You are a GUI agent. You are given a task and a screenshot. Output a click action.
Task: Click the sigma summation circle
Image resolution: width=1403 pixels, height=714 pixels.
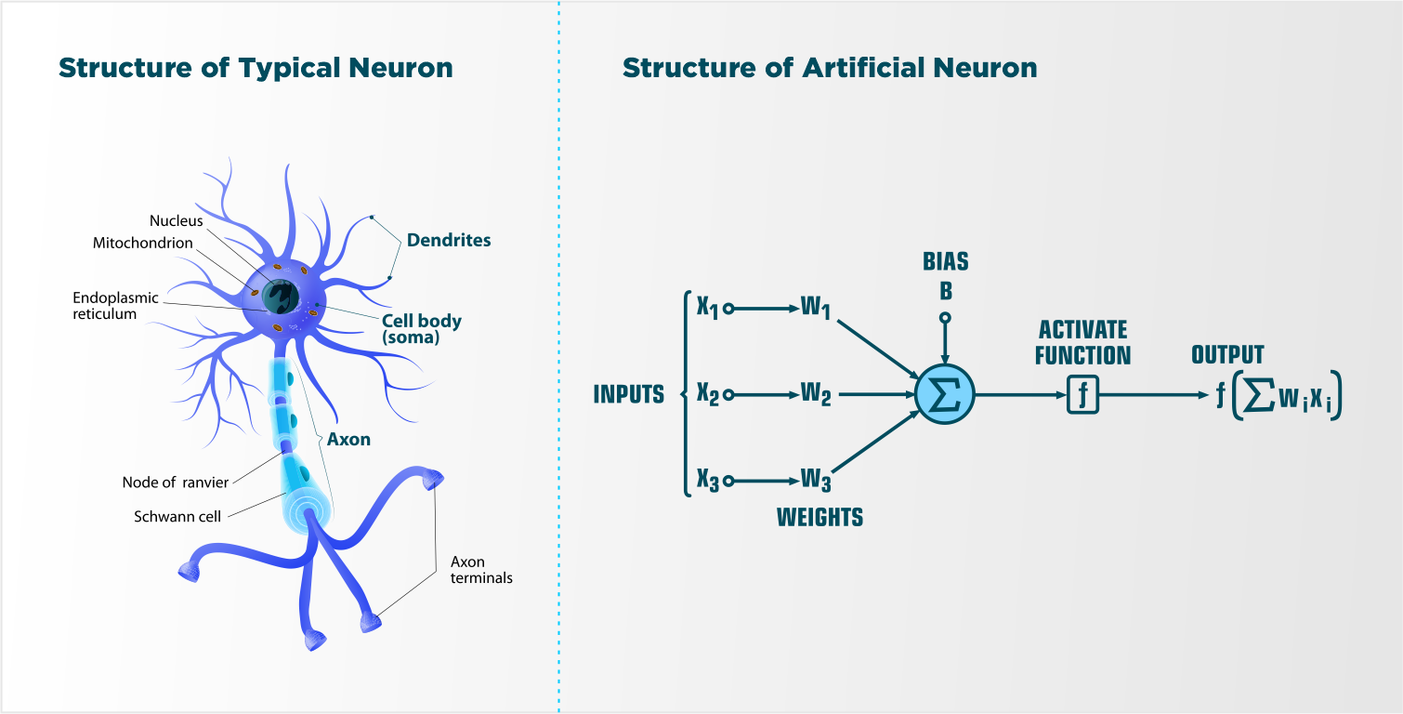click(944, 395)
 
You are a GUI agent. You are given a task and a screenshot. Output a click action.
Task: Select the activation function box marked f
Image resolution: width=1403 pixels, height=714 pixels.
click(1082, 395)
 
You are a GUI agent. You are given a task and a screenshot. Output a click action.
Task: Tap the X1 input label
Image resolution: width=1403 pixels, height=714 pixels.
click(708, 308)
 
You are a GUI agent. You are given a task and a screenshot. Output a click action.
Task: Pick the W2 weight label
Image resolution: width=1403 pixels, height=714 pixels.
click(816, 395)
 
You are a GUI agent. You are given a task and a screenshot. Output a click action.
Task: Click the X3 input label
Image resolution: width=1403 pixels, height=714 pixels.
click(708, 482)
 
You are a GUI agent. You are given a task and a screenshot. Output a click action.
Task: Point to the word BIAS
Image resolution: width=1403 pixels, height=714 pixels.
click(945, 261)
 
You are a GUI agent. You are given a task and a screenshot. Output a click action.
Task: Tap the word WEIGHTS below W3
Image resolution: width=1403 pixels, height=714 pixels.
click(820, 518)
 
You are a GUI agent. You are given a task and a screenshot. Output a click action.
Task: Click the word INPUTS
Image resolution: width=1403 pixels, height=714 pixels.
click(629, 395)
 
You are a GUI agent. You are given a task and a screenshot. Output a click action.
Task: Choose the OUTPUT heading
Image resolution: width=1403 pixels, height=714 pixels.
click(1227, 355)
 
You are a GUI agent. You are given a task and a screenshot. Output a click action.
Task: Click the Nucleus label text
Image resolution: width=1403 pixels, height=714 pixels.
click(176, 221)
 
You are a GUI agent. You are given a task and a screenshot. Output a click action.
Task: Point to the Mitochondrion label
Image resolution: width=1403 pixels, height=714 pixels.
click(143, 244)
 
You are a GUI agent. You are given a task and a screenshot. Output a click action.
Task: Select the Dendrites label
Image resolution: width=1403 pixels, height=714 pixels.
click(449, 241)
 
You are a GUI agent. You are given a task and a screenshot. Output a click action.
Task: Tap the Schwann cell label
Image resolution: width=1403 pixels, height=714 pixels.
click(177, 517)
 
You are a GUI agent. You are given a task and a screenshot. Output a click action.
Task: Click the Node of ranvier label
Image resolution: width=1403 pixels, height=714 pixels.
click(176, 483)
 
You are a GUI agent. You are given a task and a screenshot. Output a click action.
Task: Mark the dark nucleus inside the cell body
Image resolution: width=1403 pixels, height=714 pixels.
click(279, 297)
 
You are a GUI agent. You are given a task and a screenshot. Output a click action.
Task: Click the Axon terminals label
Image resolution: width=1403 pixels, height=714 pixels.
click(481, 570)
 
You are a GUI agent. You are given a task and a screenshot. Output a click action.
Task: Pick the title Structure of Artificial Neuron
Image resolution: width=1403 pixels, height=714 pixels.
click(829, 68)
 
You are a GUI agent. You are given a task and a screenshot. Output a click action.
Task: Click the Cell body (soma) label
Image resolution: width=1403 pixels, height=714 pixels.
click(422, 329)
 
